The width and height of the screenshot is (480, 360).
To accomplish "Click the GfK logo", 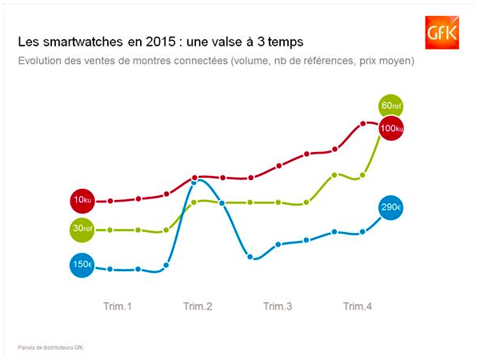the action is [442, 33].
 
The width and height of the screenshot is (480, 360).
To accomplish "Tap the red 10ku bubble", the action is [82, 201].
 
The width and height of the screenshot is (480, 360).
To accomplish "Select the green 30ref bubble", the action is [82, 230].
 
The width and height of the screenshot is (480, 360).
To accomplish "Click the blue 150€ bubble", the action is [82, 265].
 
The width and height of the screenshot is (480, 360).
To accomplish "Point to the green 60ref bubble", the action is [390, 106].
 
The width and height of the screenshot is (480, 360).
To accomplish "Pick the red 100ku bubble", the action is [391, 128].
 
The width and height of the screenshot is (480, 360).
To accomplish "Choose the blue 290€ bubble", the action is [390, 207].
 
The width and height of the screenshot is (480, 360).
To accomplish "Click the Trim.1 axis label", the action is [118, 306].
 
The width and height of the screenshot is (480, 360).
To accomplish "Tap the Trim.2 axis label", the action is [198, 306].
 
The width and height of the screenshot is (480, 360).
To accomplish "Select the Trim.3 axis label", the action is [278, 306].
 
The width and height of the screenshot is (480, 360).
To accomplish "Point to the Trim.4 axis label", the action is [358, 306].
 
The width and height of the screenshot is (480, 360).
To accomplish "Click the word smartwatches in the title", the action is [82, 42].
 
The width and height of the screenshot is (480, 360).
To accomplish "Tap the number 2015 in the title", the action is [161, 42].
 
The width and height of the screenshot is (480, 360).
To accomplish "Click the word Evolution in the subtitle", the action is [39, 61].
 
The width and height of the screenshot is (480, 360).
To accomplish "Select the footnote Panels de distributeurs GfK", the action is [50, 347].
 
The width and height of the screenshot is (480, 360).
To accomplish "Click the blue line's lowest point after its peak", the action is [250, 257].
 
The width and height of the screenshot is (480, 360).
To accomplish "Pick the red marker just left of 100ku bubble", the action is [362, 124].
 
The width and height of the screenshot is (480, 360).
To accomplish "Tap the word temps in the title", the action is [286, 42].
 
